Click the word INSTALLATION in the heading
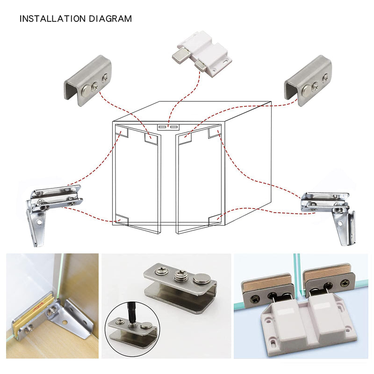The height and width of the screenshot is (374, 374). point(52,19)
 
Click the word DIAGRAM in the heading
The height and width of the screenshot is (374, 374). point(110,19)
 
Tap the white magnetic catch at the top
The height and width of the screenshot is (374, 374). point(201,54)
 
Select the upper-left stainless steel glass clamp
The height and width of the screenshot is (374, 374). point(87,80)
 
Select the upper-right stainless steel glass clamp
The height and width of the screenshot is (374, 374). point(308,80)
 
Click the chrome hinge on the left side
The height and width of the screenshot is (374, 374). point(54,210)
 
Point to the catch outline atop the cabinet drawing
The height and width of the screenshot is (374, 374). point(168,127)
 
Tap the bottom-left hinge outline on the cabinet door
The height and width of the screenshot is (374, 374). point(122,220)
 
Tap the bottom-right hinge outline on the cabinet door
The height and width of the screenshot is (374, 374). point(215,220)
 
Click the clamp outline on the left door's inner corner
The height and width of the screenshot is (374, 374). point(151,139)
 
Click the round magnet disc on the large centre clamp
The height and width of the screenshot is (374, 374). point(202,278)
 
